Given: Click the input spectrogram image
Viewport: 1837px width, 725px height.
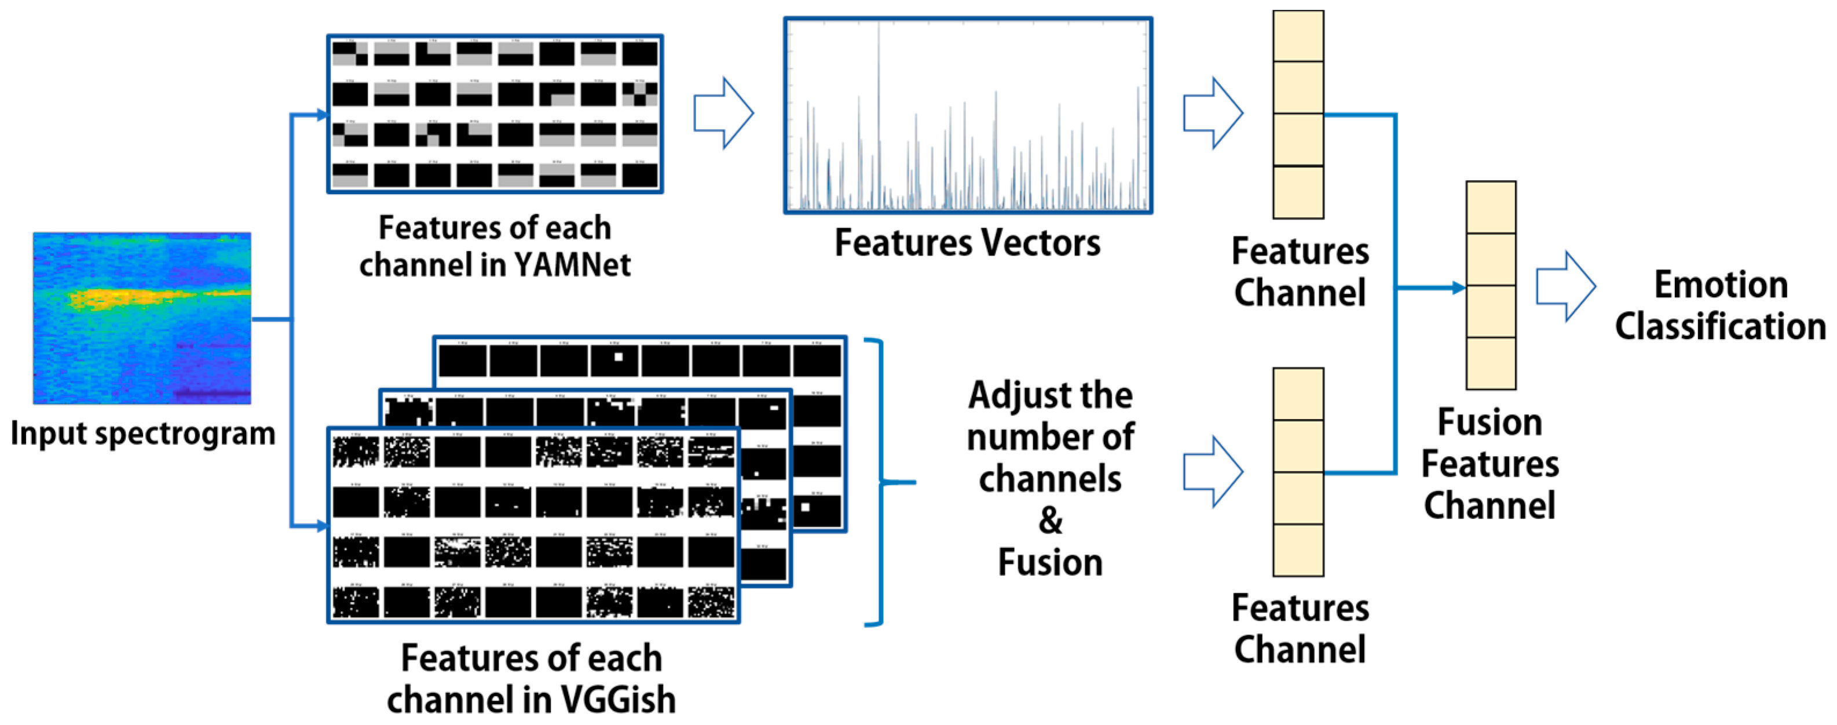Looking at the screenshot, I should click(141, 318).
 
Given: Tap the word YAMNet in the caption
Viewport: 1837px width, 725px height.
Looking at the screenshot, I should click(572, 265).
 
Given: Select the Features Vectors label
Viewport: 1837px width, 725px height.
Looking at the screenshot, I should click(967, 243).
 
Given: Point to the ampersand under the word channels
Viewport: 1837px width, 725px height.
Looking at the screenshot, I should click(1050, 520).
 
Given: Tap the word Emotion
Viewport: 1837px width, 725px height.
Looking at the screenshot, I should click(1721, 285).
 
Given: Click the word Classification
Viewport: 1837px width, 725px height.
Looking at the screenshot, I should click(1720, 327).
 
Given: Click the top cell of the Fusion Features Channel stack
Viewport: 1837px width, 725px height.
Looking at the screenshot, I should click(1491, 207).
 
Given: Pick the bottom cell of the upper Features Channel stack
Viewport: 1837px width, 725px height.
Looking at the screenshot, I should click(1298, 192).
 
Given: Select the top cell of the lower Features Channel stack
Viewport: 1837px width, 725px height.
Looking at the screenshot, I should click(1298, 394).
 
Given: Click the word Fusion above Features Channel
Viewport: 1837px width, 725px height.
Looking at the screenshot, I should click(1490, 422).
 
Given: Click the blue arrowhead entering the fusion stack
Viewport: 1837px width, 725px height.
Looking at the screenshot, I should click(1458, 287).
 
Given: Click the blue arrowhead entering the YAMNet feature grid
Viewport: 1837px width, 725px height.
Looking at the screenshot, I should click(321, 114).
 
